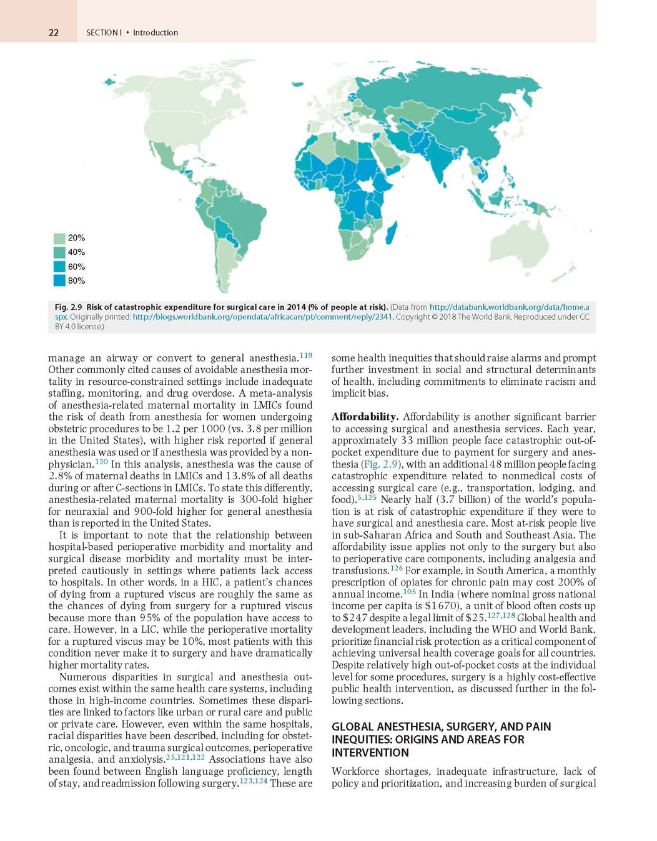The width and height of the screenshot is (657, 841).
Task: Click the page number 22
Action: coord(54,32)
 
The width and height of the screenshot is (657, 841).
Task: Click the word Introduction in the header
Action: coord(156,32)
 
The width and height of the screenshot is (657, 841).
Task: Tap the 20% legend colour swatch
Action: coord(59,238)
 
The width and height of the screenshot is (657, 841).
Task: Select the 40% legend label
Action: coord(76,252)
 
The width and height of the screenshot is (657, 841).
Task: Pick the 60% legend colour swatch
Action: coord(59,267)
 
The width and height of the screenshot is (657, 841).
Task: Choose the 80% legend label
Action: coord(76,281)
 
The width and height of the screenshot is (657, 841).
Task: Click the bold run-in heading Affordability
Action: coord(365,417)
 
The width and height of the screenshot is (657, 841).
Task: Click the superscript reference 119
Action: coord(306,356)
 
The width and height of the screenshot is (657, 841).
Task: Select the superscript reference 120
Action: coord(101,462)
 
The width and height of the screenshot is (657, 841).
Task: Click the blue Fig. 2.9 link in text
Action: coord(378,464)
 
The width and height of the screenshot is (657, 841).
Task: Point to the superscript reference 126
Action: coord(397,568)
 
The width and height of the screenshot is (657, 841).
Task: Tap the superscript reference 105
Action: coord(409,592)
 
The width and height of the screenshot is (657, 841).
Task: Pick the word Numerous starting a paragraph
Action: coord(83,677)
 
